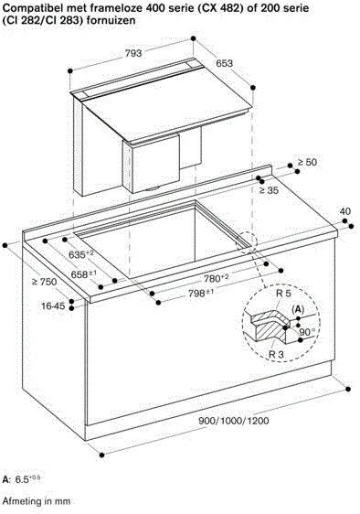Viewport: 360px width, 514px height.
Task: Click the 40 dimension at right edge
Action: tap(344, 211)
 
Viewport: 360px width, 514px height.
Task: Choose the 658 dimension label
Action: tap(59, 273)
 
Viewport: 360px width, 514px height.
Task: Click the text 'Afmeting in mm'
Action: tap(36, 502)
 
